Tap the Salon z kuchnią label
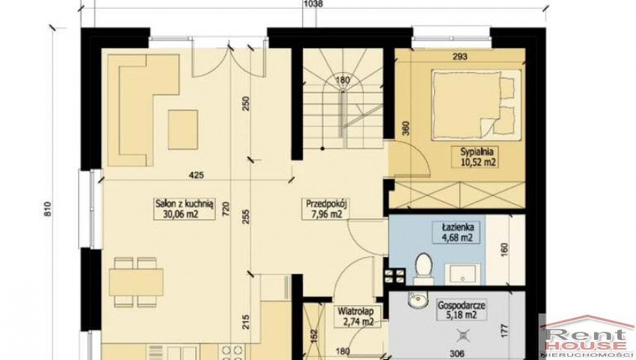click(184, 208)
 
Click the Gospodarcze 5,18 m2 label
click(461, 310)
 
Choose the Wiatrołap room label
click(355, 316)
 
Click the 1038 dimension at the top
click(313, 4)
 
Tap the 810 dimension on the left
click(48, 209)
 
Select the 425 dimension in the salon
click(196, 175)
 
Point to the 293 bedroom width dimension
click(459, 56)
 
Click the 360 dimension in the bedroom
click(406, 128)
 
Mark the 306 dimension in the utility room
click(457, 354)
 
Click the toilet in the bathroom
click(424, 268)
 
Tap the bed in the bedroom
click(476, 105)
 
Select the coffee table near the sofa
click(183, 129)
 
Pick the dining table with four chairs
click(136, 282)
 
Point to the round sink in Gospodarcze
click(417, 301)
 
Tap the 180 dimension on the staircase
click(343, 80)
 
